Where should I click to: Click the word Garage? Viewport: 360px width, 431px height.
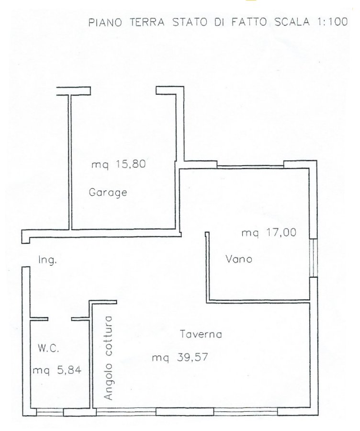108,193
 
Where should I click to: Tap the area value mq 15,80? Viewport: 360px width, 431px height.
118,164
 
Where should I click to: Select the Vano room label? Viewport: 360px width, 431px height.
239,259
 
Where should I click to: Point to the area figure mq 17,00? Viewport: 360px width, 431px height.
269,233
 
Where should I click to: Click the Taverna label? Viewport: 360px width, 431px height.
201,334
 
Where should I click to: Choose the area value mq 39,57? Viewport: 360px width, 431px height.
180,358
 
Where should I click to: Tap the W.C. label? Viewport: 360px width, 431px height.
48,349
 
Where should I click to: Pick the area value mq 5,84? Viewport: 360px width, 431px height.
57,370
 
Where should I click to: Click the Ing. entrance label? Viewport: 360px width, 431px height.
47,260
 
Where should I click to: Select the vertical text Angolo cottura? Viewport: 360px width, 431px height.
109,358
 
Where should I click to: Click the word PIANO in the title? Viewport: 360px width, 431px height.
105,22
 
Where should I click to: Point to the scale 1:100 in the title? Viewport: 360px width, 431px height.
333,22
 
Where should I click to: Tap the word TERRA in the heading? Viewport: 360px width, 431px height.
147,22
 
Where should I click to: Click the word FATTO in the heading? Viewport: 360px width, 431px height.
249,22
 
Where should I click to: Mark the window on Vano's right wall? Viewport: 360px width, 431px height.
314,258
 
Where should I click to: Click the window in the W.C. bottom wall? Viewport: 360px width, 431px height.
50,412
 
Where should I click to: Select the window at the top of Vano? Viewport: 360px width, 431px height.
250,166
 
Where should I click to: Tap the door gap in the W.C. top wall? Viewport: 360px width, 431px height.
60,319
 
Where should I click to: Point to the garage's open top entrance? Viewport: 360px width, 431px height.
124,91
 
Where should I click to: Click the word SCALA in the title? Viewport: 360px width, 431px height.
292,22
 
